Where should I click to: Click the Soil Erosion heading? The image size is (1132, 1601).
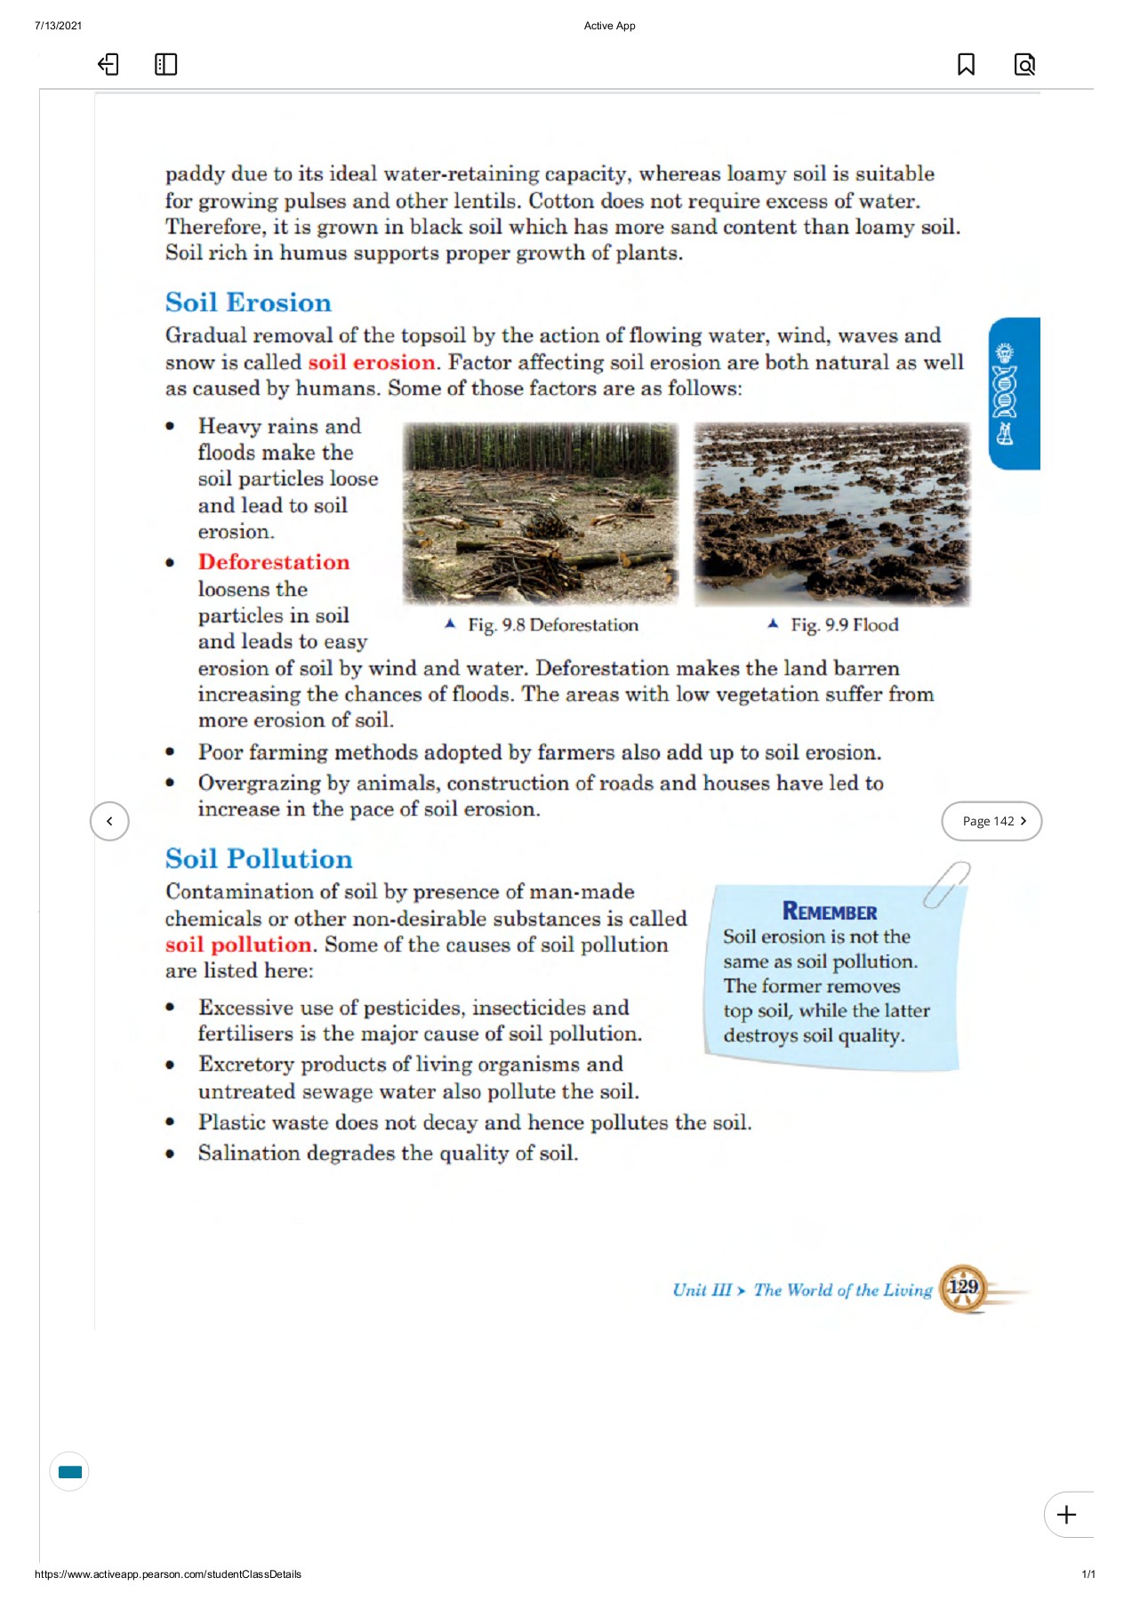tap(248, 302)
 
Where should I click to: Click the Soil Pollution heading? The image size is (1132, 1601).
tap(259, 858)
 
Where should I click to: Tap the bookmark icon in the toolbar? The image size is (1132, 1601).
tap(966, 64)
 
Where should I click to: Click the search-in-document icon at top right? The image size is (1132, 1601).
tap(1024, 64)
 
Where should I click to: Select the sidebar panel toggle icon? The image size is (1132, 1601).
tap(165, 64)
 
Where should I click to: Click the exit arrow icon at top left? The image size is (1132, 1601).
tap(108, 64)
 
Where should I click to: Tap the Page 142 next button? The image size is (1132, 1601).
tap(992, 821)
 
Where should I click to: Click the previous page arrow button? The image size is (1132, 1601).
tap(109, 821)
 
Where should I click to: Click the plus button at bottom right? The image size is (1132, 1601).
tap(1067, 1515)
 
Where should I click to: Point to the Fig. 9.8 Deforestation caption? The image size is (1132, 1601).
tap(551, 625)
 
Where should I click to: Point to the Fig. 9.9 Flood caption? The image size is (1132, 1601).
tap(843, 625)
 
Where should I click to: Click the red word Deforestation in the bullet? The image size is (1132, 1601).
tap(274, 562)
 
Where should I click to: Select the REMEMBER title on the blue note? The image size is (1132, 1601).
tap(829, 912)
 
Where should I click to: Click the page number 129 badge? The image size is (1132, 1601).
tap(963, 1287)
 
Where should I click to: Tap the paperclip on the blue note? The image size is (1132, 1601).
tap(946, 883)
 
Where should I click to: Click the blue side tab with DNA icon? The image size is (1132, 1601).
tap(1015, 393)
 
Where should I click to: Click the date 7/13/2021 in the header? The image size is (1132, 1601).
tap(58, 26)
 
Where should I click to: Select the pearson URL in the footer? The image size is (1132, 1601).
tap(167, 1574)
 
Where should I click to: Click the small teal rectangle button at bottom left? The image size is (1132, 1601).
tap(69, 1472)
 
